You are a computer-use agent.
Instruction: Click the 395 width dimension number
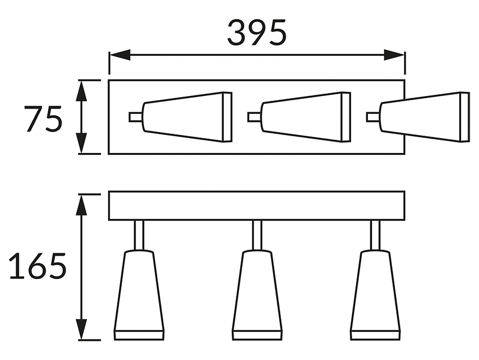point(257,32)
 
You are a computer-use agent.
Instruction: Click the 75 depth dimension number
point(43,119)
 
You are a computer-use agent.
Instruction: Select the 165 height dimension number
point(38,266)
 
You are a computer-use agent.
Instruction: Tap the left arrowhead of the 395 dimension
point(120,55)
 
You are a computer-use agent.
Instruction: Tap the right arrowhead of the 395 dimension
point(394,55)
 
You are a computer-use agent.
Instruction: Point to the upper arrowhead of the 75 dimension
point(81,91)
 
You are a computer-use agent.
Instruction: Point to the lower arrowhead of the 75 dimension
point(81,143)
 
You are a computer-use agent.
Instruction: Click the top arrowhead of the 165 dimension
point(81,205)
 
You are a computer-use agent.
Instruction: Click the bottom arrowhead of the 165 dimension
point(81,329)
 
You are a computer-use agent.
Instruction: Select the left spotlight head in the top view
point(187,117)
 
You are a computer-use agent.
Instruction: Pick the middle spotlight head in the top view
point(306,117)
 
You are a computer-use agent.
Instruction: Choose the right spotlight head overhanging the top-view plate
point(424,117)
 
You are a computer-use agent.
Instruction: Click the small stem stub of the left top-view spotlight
point(136,117)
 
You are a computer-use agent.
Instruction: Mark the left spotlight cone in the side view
point(139,295)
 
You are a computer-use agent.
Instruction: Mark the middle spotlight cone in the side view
point(258,295)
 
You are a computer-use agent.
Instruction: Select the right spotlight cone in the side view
point(375,295)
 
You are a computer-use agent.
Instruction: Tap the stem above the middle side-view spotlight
point(258,235)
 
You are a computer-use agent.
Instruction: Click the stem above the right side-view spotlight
point(375,235)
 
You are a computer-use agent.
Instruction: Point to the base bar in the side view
point(257,206)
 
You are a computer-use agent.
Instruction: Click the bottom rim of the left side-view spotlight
point(139,335)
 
